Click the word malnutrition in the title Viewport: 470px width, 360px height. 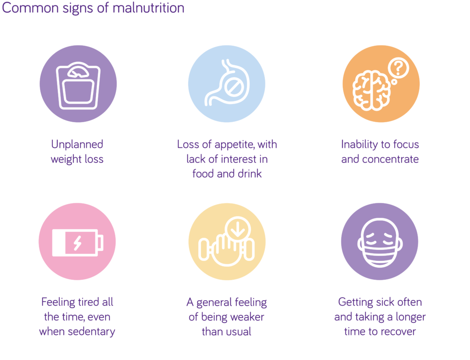(x=148, y=8)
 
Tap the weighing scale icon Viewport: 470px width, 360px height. (x=78, y=85)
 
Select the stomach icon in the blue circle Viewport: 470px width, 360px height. (x=227, y=83)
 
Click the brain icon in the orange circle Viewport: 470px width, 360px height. (x=372, y=90)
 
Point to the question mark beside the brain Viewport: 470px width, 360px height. (x=398, y=68)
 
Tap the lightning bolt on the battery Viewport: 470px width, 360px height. (x=78, y=243)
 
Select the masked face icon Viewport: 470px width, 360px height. (x=380, y=242)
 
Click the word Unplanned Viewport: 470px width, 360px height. (x=77, y=145)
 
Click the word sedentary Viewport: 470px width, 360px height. (x=91, y=332)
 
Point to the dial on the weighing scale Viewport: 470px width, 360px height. (x=78, y=72)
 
